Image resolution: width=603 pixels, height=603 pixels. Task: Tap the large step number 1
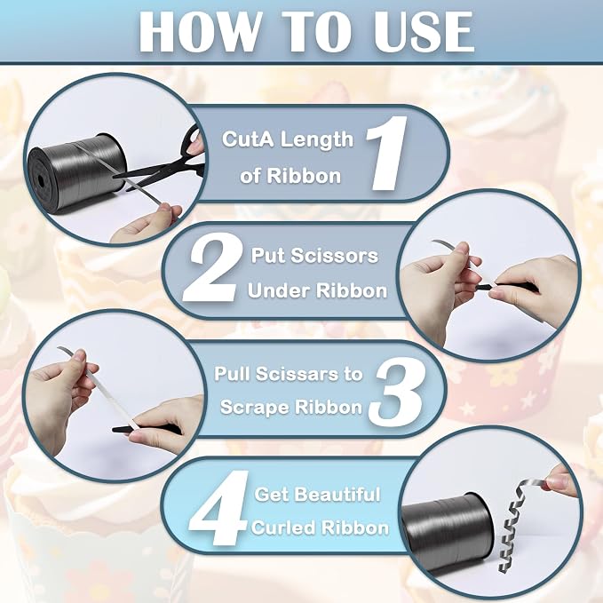(x=387, y=153)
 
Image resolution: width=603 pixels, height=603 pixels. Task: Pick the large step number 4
(x=218, y=508)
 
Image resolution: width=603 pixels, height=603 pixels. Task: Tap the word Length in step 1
(x=316, y=140)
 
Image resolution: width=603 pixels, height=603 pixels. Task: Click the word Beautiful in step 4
(x=342, y=494)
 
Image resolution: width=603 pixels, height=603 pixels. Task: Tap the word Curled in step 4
(x=283, y=528)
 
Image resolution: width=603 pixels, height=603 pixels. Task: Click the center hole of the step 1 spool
(x=41, y=180)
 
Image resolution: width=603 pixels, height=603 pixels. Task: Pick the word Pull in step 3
(x=231, y=374)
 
